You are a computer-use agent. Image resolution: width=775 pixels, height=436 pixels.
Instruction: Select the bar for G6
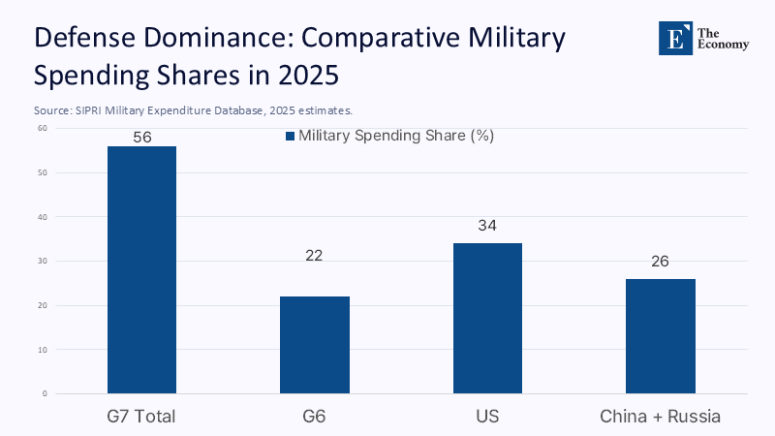click(315, 345)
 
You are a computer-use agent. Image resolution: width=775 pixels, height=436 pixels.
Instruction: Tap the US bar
click(487, 318)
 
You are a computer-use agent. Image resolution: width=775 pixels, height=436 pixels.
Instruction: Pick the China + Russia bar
click(661, 335)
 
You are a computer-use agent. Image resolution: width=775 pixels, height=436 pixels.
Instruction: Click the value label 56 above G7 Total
click(142, 138)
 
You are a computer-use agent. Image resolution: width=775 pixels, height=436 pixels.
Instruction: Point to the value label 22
click(314, 256)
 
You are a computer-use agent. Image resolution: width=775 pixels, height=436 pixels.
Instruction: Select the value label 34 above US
click(487, 226)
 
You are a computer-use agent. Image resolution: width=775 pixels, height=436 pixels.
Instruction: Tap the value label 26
click(660, 262)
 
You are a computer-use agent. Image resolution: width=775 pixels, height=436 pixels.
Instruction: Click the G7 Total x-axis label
click(141, 417)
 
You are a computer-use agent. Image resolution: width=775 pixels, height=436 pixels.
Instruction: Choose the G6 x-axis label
click(315, 417)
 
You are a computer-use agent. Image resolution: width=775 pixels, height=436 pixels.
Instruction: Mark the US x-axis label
click(487, 417)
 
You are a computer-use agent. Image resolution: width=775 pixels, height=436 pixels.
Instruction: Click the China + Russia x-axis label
click(661, 417)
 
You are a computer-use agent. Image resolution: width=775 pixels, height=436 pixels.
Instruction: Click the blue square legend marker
click(289, 137)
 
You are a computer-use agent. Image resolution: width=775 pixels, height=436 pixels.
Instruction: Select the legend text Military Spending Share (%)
click(396, 136)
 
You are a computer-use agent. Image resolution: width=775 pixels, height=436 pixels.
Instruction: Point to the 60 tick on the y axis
click(43, 128)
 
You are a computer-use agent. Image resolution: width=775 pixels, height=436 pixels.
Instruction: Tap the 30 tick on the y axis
click(43, 261)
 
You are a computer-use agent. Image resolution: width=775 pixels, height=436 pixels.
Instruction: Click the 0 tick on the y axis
click(45, 393)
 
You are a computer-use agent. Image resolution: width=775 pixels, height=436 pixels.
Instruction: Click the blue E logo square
click(675, 38)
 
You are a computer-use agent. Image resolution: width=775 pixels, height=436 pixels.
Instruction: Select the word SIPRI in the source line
click(90, 110)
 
